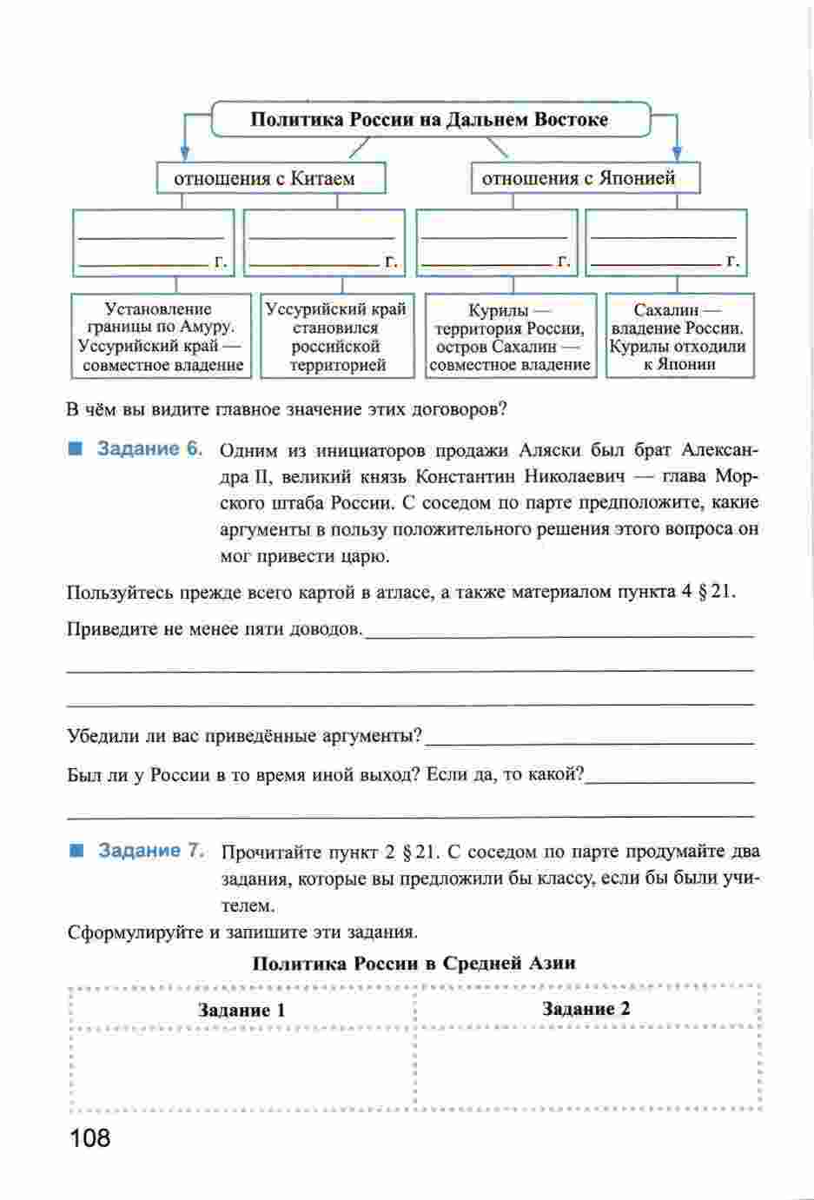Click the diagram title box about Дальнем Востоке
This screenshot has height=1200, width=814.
[x=429, y=120]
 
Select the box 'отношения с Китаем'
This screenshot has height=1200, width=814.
[x=270, y=179]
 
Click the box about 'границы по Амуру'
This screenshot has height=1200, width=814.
[x=161, y=337]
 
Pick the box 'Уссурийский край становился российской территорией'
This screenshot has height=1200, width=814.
[x=335, y=337]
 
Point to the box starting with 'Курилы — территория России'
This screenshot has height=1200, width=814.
[x=510, y=337]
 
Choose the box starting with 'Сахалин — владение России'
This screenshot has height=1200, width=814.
[x=678, y=336]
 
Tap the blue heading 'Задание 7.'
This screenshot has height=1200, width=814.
[x=150, y=851]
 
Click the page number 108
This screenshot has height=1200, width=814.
[x=89, y=1137]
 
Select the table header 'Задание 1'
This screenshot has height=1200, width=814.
[x=241, y=1010]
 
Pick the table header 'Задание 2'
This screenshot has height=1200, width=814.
[x=586, y=1009]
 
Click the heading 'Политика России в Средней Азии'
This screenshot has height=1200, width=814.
[x=414, y=963]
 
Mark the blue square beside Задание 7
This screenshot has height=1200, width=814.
[x=77, y=851]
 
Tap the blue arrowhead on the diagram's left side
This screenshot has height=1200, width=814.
[x=183, y=153]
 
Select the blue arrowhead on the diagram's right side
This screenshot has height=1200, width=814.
[x=678, y=154]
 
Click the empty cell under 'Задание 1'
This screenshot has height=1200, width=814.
[x=241, y=1069]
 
